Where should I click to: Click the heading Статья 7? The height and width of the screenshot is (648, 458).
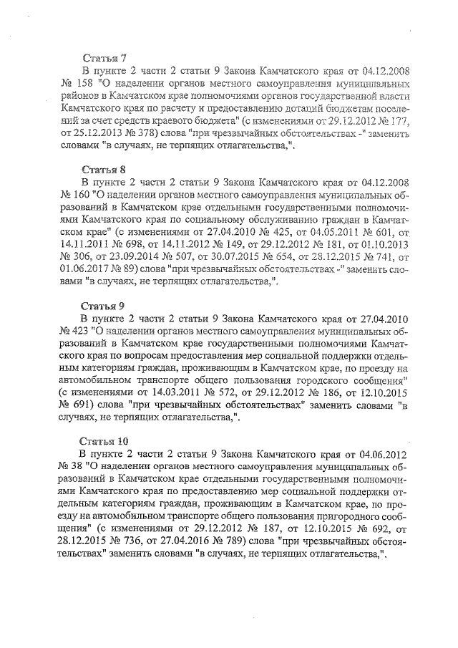click(104, 58)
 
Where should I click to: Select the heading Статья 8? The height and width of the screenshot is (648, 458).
click(104, 170)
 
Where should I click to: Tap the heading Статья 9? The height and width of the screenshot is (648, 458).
click(104, 304)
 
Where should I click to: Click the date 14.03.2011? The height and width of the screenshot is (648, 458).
click(169, 393)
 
